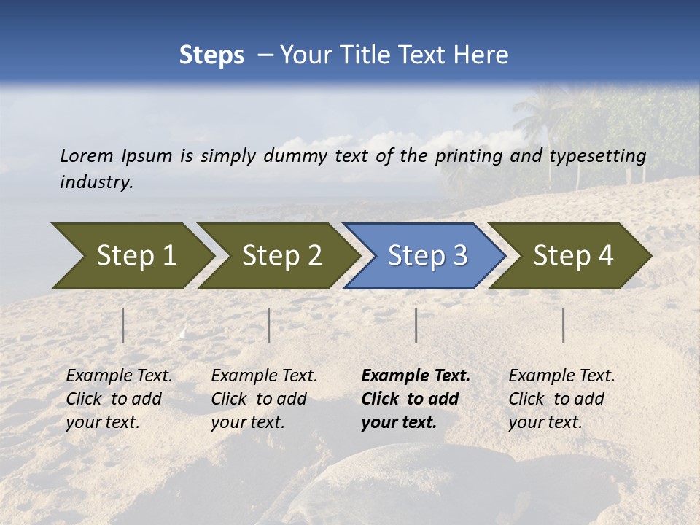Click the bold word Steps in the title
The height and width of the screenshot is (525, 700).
click(211, 55)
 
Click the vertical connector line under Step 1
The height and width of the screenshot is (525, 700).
click(123, 325)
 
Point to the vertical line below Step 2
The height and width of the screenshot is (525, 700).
click(269, 325)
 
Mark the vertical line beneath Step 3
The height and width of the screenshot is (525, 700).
click(416, 325)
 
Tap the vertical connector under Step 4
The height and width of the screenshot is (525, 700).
click(564, 325)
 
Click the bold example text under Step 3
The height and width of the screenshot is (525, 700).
click(416, 399)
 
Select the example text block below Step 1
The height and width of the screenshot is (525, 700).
click(119, 399)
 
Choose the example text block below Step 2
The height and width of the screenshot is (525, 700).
click(264, 399)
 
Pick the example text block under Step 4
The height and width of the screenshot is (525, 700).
click(561, 399)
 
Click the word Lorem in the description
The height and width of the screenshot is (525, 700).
click(87, 156)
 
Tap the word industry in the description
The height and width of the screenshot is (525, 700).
click(96, 182)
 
